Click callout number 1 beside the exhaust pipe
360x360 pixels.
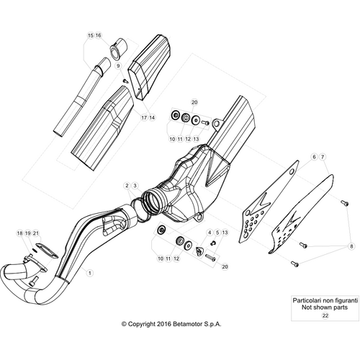[90, 273]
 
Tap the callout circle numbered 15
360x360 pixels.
[90, 35]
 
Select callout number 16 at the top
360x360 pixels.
[98, 35]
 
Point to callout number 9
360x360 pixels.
[118, 66]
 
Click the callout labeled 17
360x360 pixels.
[144, 117]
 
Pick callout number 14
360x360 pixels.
[152, 117]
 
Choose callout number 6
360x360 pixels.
[314, 157]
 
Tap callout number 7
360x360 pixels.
[323, 157]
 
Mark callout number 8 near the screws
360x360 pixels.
[351, 246]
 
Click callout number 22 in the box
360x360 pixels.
[325, 315]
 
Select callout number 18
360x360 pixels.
[19, 233]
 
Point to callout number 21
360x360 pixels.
[36, 233]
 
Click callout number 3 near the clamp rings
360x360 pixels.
[135, 186]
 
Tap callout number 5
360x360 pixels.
[217, 233]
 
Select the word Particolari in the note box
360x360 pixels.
[306, 300]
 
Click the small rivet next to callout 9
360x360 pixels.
[125, 81]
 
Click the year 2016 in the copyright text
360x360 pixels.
[164, 324]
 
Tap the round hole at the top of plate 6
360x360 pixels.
[292, 171]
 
